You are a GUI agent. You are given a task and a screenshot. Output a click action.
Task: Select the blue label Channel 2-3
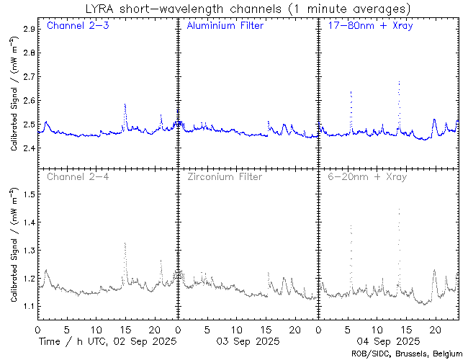[x=77, y=26]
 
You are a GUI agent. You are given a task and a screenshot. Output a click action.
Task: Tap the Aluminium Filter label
[x=225, y=26]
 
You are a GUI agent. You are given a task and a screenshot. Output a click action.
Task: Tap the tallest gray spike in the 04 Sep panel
[x=399, y=210]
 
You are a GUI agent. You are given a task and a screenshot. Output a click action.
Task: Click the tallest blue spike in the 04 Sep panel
[x=399, y=82]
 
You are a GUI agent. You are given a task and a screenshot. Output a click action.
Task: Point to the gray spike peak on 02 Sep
[x=125, y=243]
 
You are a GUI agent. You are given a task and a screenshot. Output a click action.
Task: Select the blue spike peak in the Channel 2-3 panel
[x=125, y=104]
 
